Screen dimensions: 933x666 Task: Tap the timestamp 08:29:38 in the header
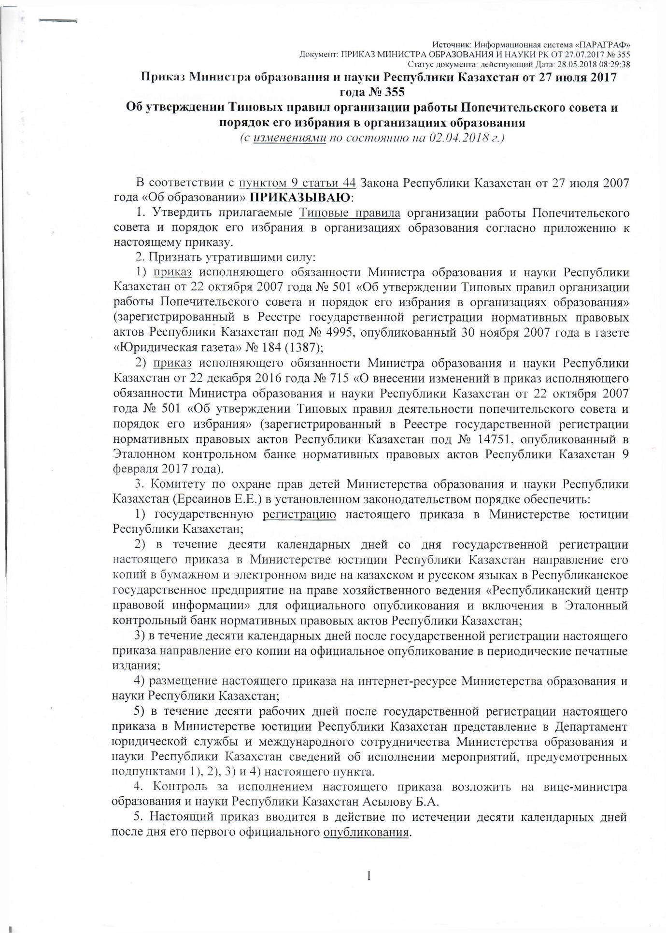(x=613, y=64)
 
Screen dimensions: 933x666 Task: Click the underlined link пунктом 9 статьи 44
(x=298, y=183)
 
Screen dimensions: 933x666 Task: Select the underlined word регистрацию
(x=299, y=514)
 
